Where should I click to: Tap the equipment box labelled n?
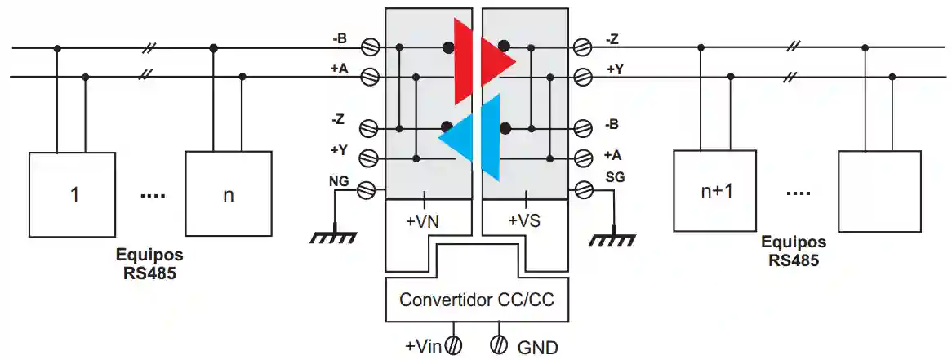228,193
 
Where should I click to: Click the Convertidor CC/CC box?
476,300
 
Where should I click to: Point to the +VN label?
425,220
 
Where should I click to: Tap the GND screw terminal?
499,345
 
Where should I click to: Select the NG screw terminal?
368,189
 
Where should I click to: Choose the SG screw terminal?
583,189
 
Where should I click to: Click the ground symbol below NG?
333,237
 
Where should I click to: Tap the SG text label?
615,177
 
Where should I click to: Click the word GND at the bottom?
537,348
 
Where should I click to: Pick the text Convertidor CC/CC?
476,300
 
